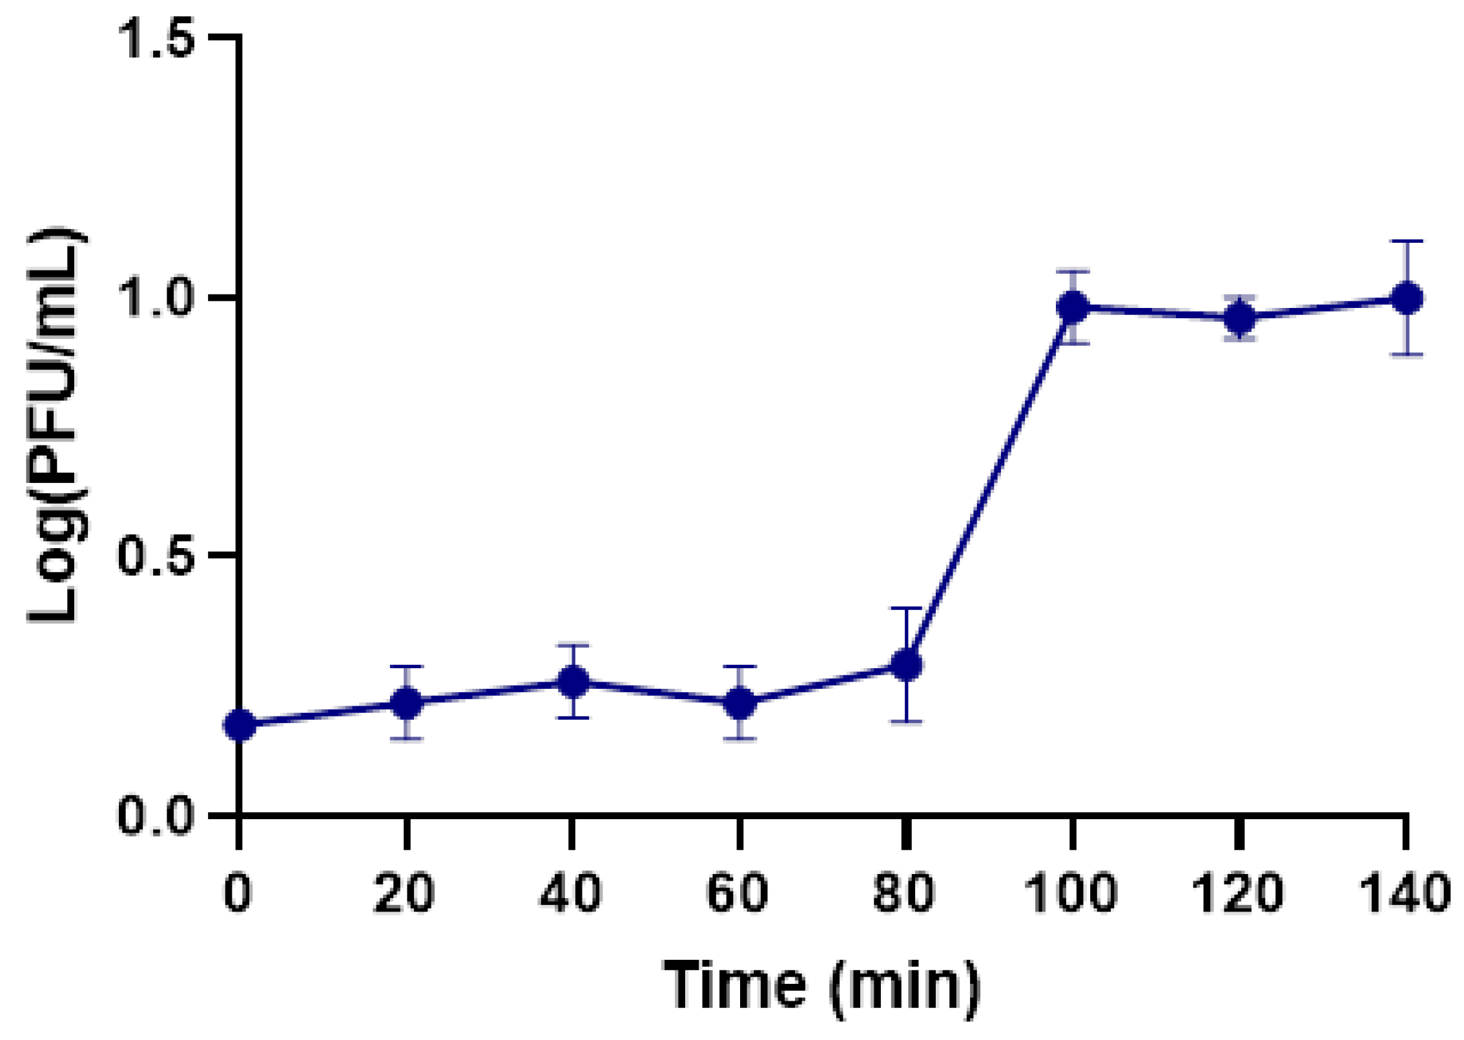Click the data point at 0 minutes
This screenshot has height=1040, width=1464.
[240, 725]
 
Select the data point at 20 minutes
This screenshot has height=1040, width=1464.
[407, 702]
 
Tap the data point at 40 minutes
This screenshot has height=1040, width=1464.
[573, 681]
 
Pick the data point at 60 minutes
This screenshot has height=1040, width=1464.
[739, 702]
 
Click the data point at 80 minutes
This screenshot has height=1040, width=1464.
[906, 664]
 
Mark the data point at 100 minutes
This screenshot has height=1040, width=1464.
[1073, 307]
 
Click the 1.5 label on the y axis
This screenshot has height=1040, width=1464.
[157, 39]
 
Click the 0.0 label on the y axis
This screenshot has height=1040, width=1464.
[157, 815]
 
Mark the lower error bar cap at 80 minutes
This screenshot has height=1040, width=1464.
[906, 721]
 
